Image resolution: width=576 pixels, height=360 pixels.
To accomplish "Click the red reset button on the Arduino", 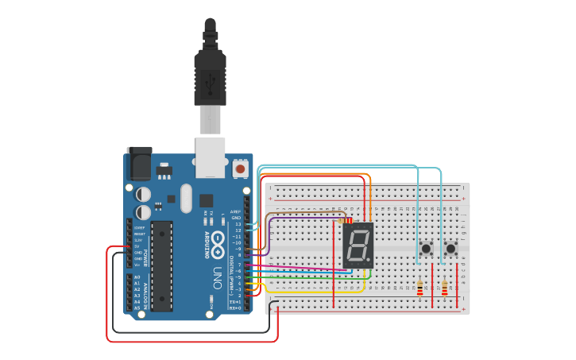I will pyautogui.click(x=240, y=169).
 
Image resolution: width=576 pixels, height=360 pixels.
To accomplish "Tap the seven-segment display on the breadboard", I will pyautogui.click(x=358, y=244).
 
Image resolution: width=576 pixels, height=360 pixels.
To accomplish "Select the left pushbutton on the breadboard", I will pyautogui.click(x=426, y=249).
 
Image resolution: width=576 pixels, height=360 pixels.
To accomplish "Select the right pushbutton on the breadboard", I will pyautogui.click(x=450, y=249).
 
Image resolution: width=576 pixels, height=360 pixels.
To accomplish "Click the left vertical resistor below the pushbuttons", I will pyautogui.click(x=420, y=288).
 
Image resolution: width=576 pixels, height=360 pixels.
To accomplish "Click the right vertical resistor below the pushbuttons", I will pyautogui.click(x=444, y=288).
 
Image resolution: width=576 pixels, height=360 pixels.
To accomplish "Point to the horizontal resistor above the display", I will pyautogui.click(x=346, y=220).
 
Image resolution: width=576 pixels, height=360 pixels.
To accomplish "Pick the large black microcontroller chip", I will pyautogui.click(x=163, y=265).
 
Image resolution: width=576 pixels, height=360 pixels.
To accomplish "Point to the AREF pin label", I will pyautogui.click(x=235, y=211).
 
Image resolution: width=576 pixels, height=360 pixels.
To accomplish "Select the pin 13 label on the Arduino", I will pyautogui.click(x=237, y=224).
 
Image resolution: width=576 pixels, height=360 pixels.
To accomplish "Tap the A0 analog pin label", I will pyautogui.click(x=137, y=277).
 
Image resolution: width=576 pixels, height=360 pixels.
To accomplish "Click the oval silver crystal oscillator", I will pyautogui.click(x=186, y=199).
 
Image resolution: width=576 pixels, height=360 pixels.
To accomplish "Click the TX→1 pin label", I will pyautogui.click(x=235, y=302).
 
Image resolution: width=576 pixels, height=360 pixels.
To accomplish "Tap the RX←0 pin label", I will pyautogui.click(x=235, y=308).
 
